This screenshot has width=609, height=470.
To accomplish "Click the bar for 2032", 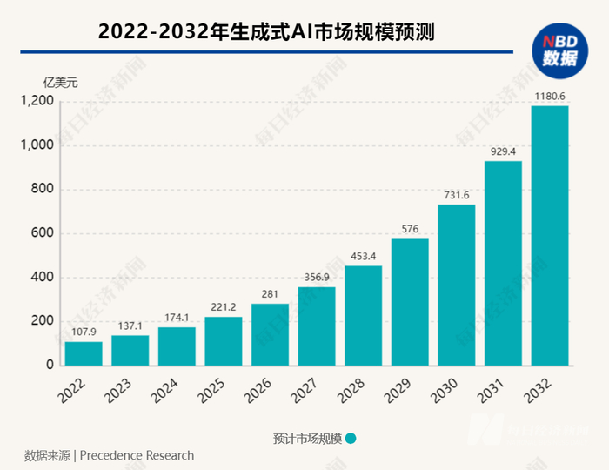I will (x=550, y=235).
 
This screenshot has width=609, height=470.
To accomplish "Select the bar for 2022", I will (x=84, y=353).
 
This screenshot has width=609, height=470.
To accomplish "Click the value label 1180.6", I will (x=550, y=95).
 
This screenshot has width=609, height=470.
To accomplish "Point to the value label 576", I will (x=410, y=229).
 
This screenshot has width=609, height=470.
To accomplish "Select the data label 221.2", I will (x=224, y=306).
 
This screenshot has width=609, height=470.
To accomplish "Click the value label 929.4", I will (x=503, y=151).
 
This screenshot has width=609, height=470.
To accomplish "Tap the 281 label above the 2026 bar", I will (x=270, y=293).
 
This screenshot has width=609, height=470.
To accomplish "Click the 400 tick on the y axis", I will (x=43, y=278).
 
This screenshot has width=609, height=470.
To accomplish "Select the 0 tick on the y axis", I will (x=50, y=366).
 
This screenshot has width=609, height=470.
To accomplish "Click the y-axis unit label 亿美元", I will (x=61, y=83).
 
